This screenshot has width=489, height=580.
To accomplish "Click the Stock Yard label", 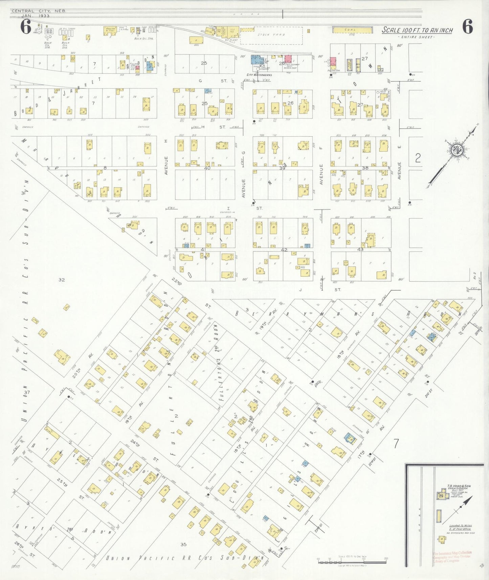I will coord(276,35).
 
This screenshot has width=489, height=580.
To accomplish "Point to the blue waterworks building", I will coord(256,60).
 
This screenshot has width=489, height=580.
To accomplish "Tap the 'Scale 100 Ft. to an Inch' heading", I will coord(417,30).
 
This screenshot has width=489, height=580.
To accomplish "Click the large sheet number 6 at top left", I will coord(26,27).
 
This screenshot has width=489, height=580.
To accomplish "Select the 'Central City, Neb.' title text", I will coord(39,11).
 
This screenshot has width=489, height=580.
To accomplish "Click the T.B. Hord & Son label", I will coord(459,486).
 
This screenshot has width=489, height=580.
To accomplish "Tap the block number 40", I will coord(207,168).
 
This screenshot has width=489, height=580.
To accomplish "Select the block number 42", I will coord(284,250).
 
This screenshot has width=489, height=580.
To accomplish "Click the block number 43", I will coord(360,249).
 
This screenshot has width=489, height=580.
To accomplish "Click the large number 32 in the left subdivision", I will coord(61,280).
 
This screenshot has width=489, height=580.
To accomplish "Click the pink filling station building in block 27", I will coord(333,62).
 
